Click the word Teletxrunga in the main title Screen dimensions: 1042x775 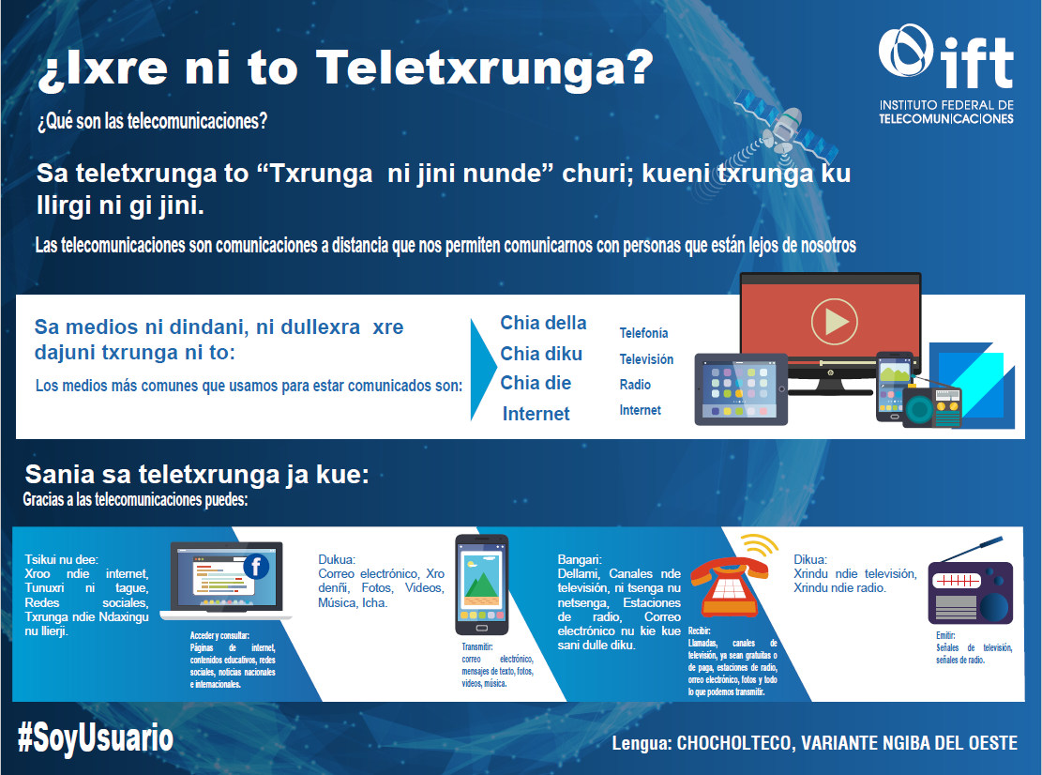coord(485,68)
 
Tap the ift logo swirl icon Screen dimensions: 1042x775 coord(906,51)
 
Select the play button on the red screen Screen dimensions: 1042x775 coord(834,322)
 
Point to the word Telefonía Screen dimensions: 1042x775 coord(643,333)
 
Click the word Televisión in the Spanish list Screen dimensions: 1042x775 coord(646,359)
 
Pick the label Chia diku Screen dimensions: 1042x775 coord(541,354)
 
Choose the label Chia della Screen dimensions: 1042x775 coord(543,323)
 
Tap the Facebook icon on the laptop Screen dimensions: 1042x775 coord(256,567)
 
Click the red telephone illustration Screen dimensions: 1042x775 coord(730,585)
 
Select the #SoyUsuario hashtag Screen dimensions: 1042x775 coord(96,738)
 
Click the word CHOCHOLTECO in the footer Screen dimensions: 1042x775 coord(734,743)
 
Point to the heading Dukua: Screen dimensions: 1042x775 coord(337,559)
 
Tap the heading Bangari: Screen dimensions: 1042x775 coord(580,559)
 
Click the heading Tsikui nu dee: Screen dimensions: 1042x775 coord(61,559)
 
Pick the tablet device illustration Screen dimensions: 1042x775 coord(741,388)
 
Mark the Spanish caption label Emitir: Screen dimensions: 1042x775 coord(945,635)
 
